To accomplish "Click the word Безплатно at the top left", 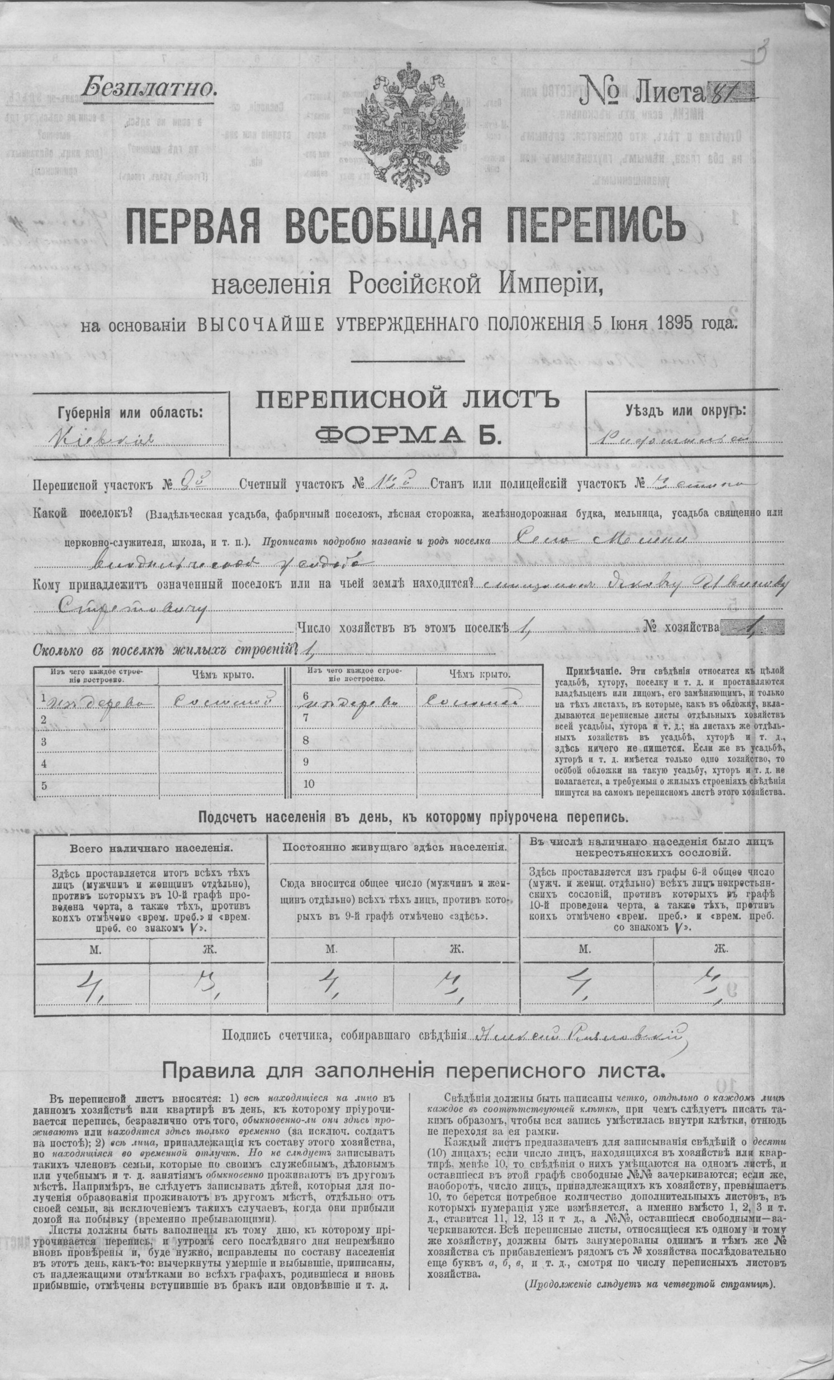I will point(149,87).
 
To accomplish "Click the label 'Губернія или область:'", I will point(130,413).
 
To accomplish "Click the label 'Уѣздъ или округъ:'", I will point(685,410).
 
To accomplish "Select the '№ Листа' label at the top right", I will point(642,90).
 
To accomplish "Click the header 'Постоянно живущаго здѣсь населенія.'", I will point(394,847).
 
